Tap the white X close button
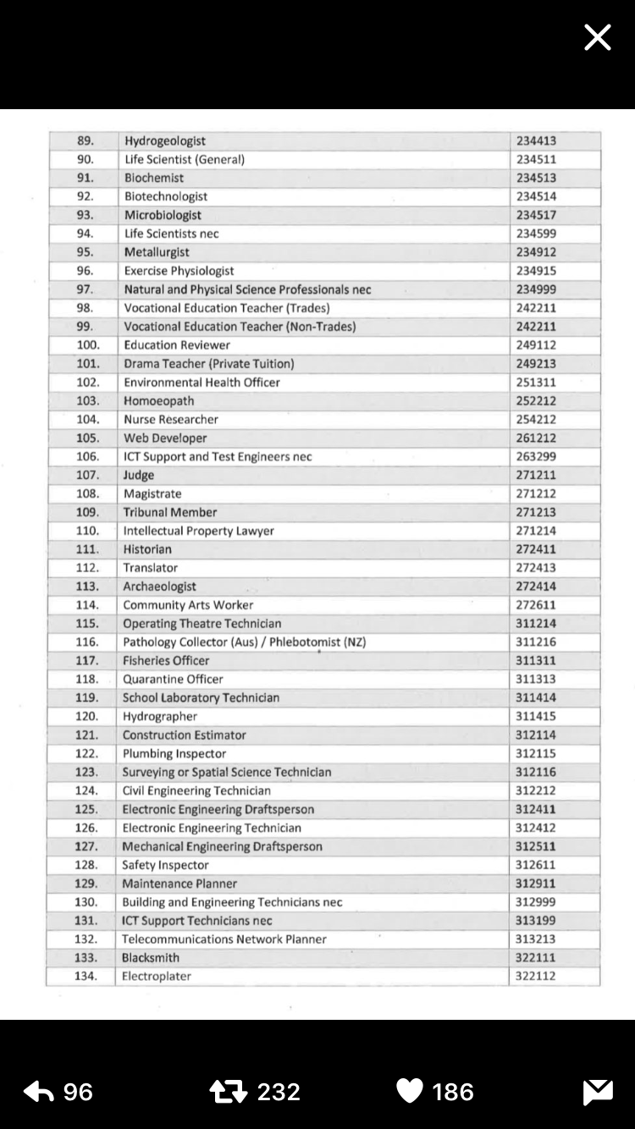[597, 37]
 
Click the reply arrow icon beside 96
[39, 1092]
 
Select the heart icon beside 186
[410, 1092]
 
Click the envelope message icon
[598, 1093]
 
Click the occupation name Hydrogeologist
[165, 141]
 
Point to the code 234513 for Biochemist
[537, 178]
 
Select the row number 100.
[88, 345]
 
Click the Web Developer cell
[165, 438]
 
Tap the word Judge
[139, 476]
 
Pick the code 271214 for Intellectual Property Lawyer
[537, 531]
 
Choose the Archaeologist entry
[159, 587]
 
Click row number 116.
[87, 642]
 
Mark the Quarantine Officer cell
[173, 680]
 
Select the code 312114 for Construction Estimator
[536, 735]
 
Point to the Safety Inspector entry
[165, 865]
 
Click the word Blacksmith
[151, 958]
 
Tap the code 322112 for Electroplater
[535, 977]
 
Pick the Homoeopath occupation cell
[158, 401]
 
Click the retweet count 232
[279, 1092]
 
